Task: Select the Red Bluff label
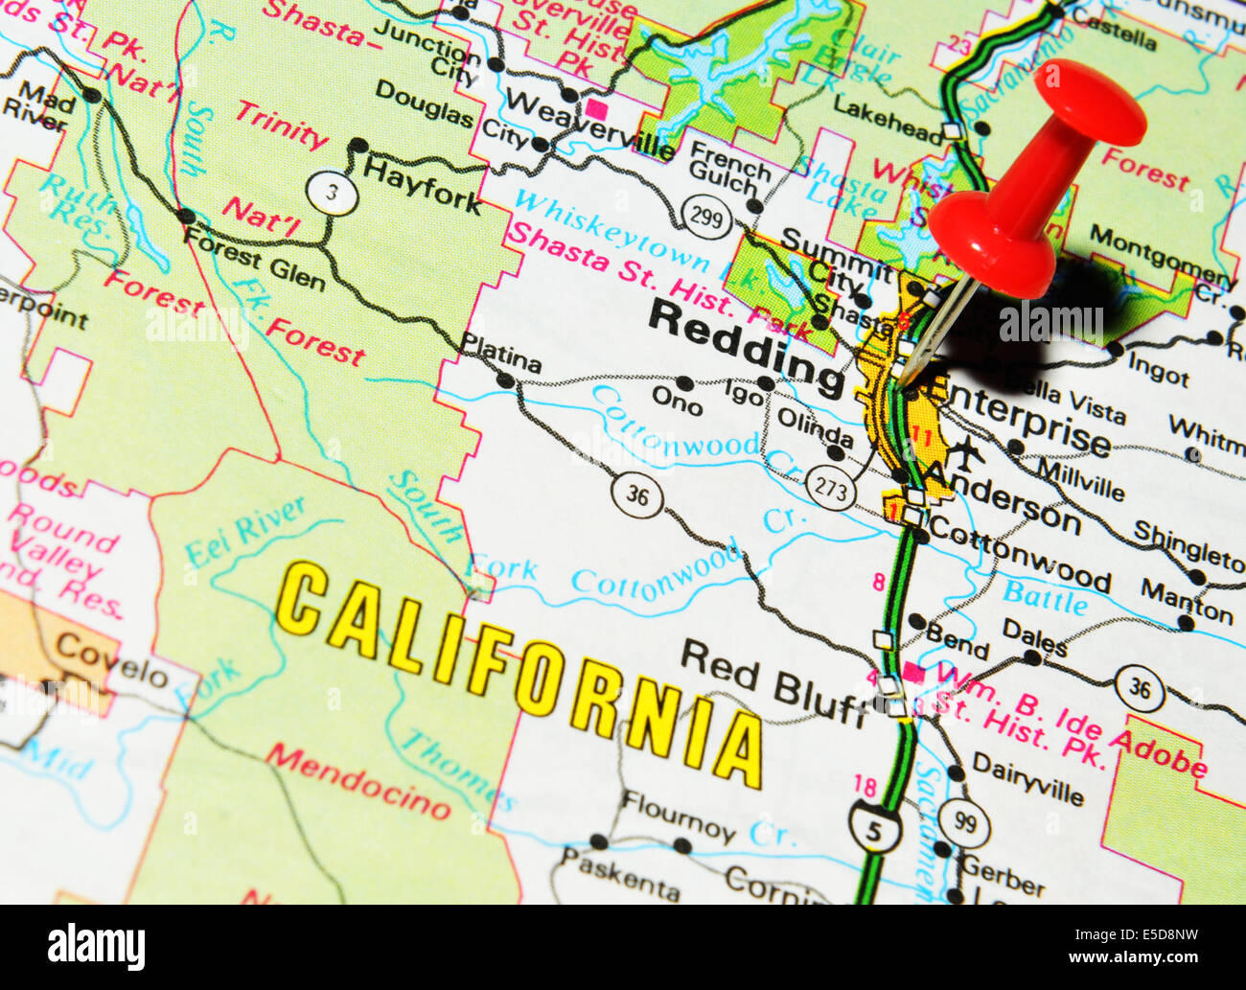pyautogui.click(x=772, y=681)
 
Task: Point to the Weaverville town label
pyautogui.click(x=589, y=123)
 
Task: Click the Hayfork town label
pyautogui.click(x=423, y=185)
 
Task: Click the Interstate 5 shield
pyautogui.click(x=874, y=827)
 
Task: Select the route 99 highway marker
pyautogui.click(x=963, y=822)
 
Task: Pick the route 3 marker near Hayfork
pyautogui.click(x=333, y=194)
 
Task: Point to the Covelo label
pyautogui.click(x=111, y=660)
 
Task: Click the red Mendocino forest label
pyautogui.click(x=358, y=779)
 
